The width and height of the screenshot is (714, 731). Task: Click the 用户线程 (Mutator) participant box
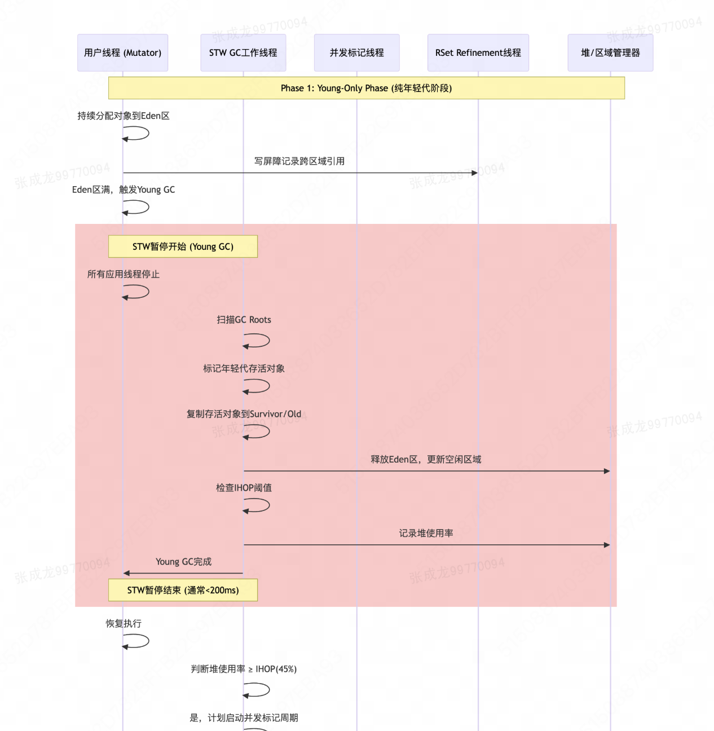click(x=122, y=52)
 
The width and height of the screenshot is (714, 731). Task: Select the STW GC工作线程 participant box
click(x=243, y=52)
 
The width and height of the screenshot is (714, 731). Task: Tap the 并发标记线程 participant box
click(x=356, y=52)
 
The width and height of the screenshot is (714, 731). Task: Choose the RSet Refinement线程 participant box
click(x=478, y=52)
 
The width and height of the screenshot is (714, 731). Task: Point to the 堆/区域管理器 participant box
click(x=610, y=52)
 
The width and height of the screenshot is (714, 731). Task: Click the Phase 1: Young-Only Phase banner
click(x=366, y=88)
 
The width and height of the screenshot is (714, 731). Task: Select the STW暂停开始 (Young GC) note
click(x=183, y=246)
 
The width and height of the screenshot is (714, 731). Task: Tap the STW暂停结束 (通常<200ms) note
click(x=183, y=590)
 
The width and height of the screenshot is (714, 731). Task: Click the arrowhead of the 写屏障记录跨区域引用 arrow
click(x=475, y=173)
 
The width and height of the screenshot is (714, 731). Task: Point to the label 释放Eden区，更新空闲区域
click(x=426, y=459)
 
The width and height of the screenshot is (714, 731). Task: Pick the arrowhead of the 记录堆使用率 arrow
click(x=607, y=545)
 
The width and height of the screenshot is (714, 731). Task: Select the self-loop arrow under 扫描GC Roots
click(x=258, y=341)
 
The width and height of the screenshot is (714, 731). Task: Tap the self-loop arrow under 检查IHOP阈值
click(x=258, y=505)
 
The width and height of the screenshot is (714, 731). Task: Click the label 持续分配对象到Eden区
click(x=124, y=116)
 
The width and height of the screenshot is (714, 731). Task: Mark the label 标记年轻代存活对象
click(x=244, y=368)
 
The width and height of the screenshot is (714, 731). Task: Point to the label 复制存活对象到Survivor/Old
click(x=244, y=414)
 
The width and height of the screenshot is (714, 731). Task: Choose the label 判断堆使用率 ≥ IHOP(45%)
click(x=244, y=669)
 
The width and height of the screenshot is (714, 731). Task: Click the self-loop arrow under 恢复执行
click(x=137, y=641)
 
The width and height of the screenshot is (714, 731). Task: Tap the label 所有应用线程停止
click(x=124, y=274)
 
